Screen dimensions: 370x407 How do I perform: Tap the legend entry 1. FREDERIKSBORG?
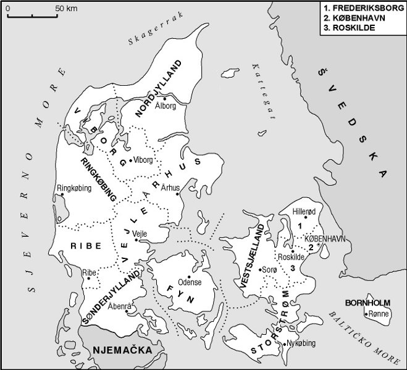(363, 8)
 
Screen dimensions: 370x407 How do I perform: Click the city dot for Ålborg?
(165, 97)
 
